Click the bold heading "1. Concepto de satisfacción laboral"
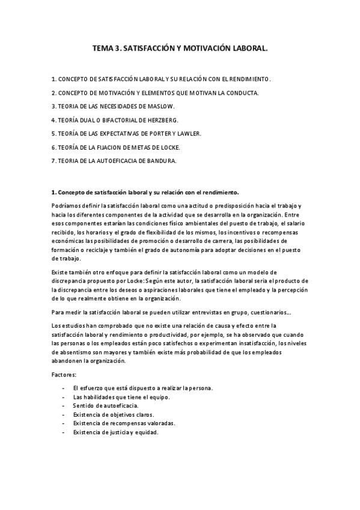click(x=145, y=192)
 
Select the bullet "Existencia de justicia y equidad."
click(x=115, y=432)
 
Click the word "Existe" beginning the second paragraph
click(x=60, y=272)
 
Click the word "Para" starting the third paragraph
click(x=58, y=312)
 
